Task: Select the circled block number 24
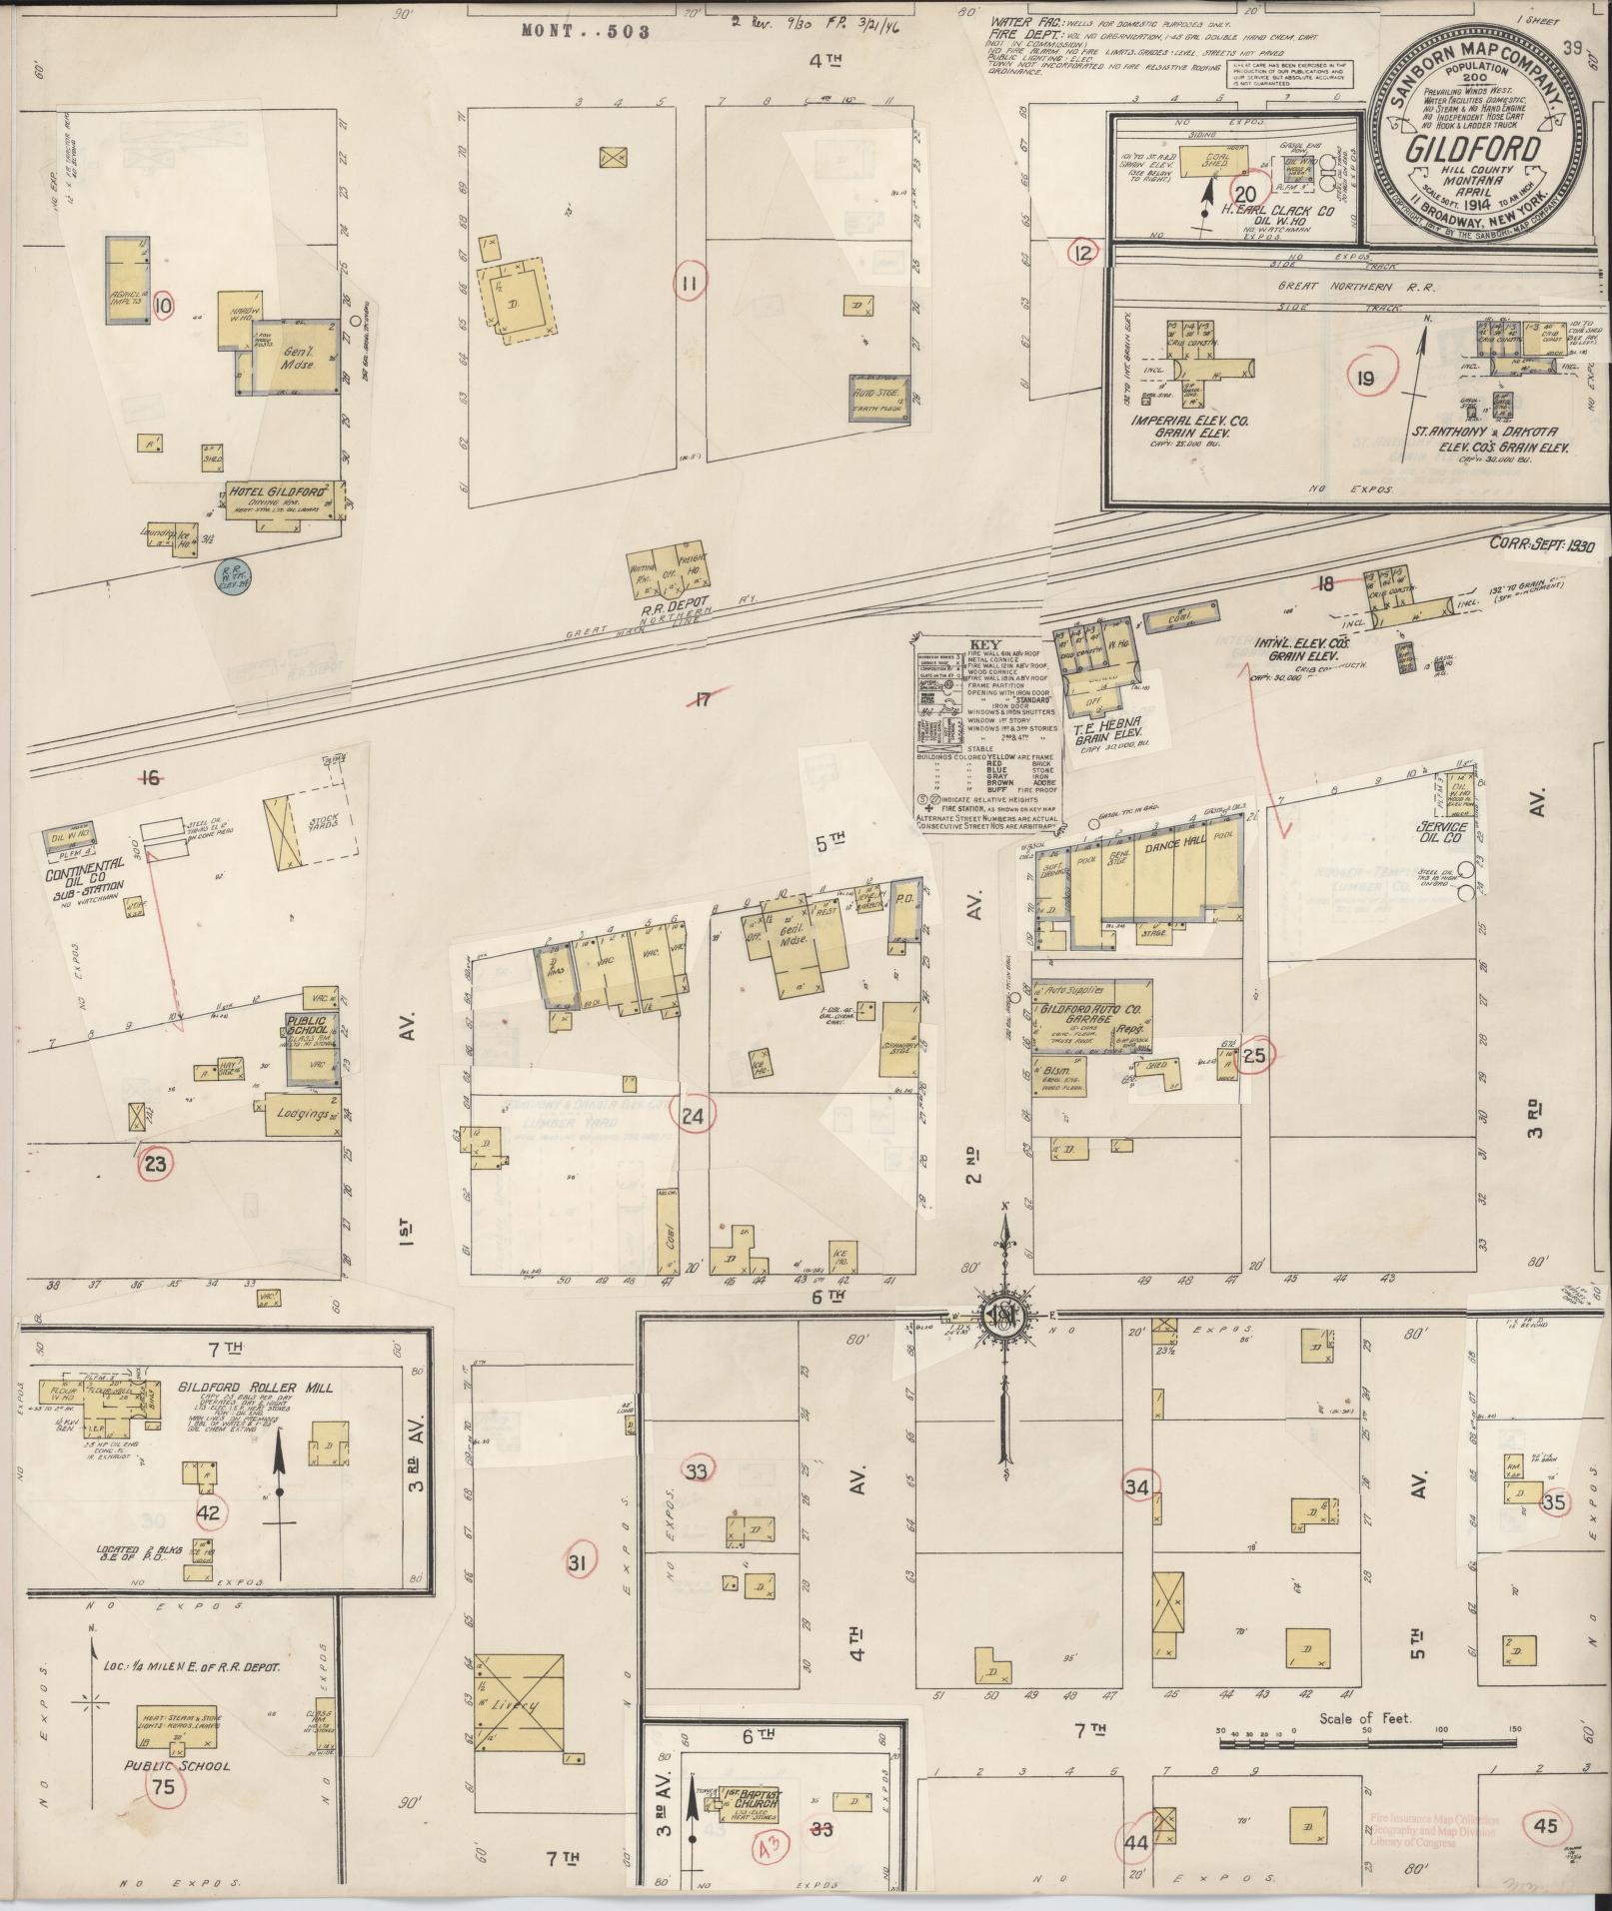point(693,1116)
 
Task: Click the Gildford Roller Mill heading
point(256,1388)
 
